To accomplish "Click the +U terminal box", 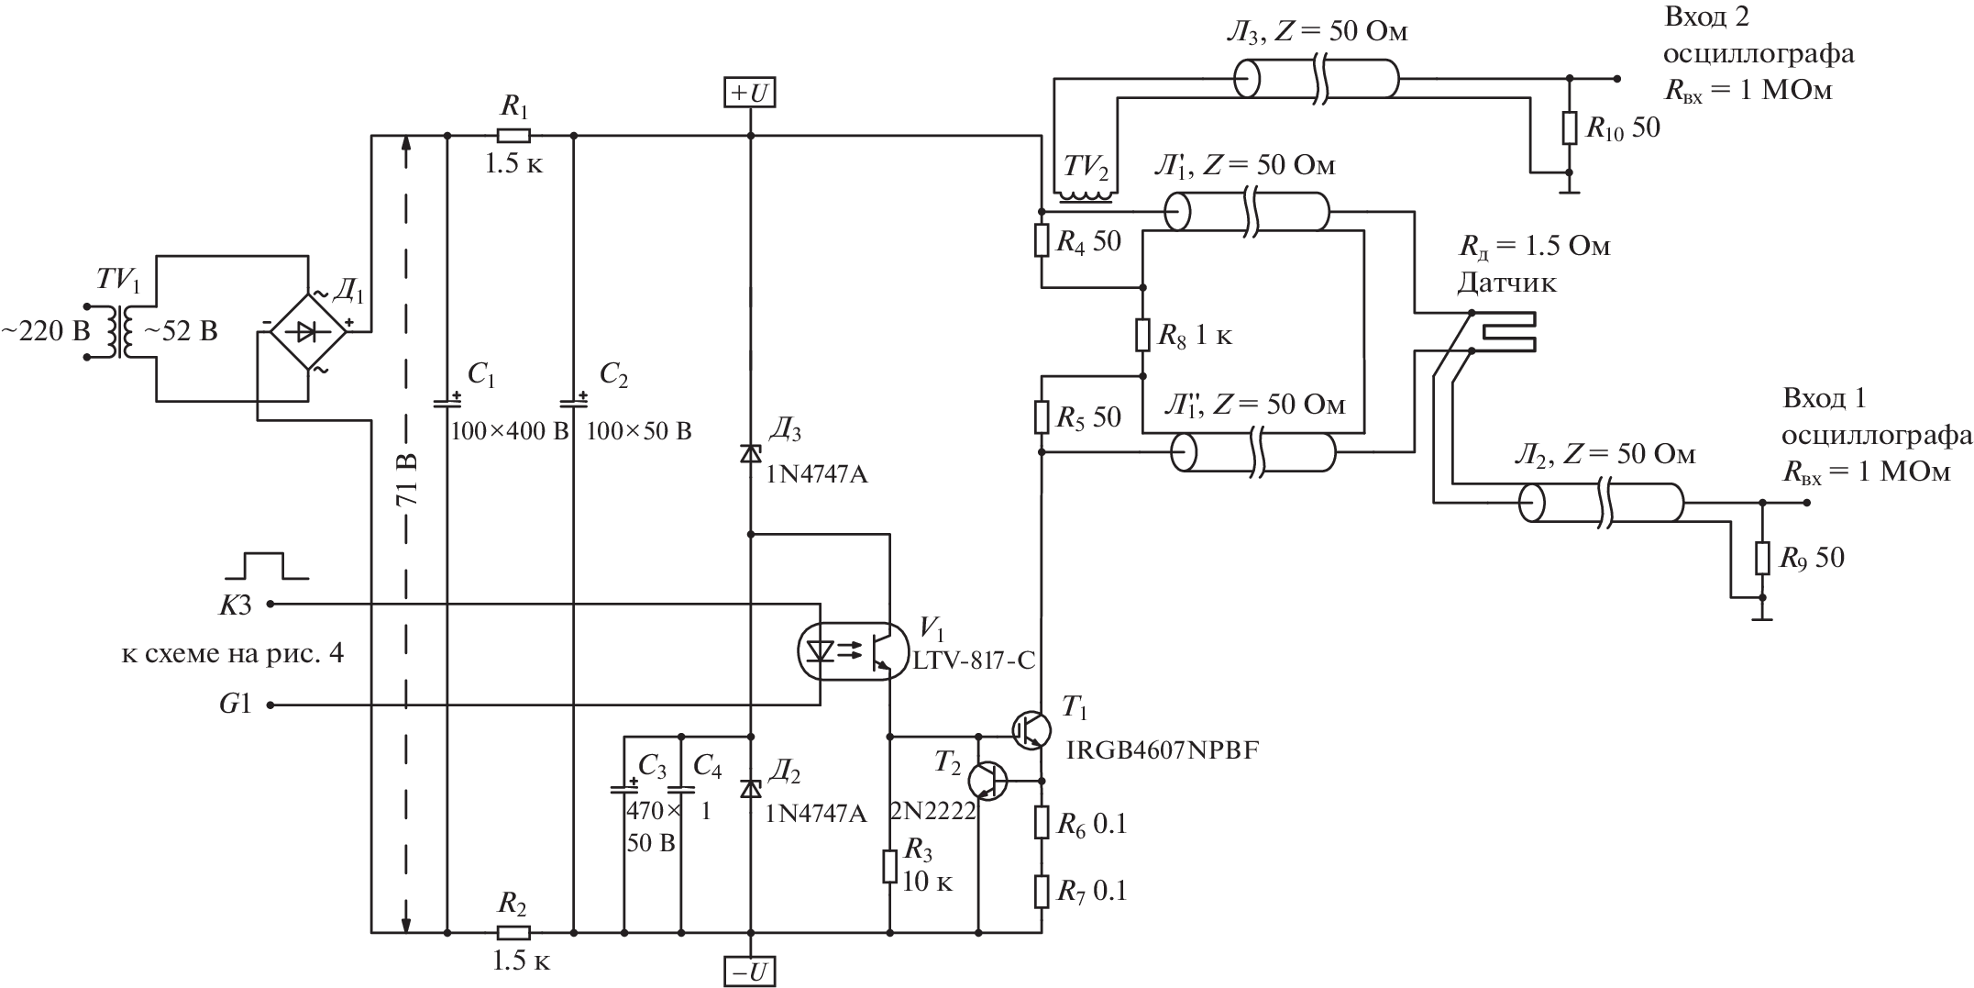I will click(x=750, y=93).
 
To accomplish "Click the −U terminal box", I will click(x=750, y=971).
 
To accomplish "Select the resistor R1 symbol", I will click(x=513, y=137).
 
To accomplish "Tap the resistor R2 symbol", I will click(x=513, y=933).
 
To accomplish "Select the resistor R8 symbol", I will click(x=1142, y=335).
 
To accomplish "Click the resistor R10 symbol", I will click(x=1569, y=128).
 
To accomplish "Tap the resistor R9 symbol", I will click(x=1761, y=558).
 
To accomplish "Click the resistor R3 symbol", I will click(x=889, y=866).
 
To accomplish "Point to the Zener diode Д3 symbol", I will click(x=750, y=453).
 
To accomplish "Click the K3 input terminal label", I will click(x=233, y=605).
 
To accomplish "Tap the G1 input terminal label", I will click(x=233, y=705).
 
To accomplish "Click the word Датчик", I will click(x=1506, y=283).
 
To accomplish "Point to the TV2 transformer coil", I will click(x=1086, y=194).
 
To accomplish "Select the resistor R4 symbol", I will click(x=1042, y=241).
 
